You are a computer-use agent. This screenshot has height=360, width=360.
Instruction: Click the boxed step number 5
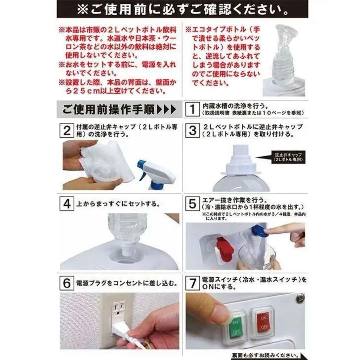pyautogui.click(x=192, y=203)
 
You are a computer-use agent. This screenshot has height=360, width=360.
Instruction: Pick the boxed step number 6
pyautogui.click(x=67, y=283)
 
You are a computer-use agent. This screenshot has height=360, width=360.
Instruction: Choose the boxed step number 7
pyautogui.click(x=192, y=283)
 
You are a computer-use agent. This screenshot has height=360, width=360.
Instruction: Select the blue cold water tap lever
pyautogui.click(x=257, y=231)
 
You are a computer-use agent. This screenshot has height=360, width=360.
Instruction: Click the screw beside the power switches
pyautogui.click(x=300, y=297)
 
